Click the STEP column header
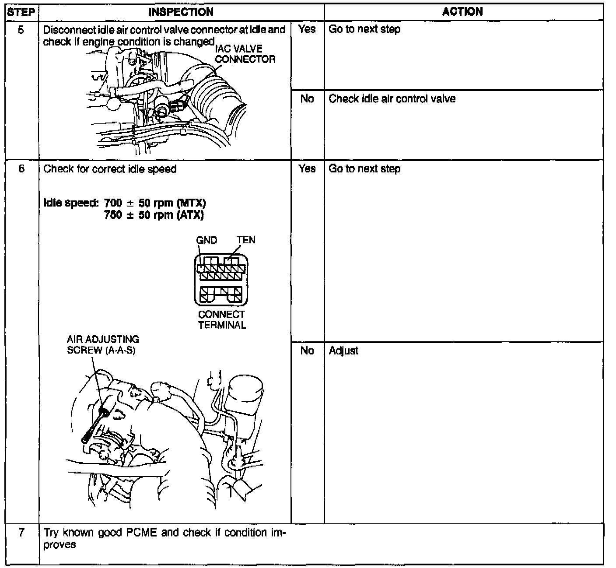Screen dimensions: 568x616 click(21, 12)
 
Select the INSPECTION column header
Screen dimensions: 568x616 click(181, 12)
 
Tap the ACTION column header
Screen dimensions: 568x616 click(462, 12)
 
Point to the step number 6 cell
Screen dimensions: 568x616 click(21, 169)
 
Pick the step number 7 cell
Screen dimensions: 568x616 click(21, 533)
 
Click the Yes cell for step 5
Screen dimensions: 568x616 click(307, 30)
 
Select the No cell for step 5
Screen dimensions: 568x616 click(307, 99)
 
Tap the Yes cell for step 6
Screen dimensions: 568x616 click(307, 169)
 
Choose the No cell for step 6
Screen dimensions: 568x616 click(307, 351)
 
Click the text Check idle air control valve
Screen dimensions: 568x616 click(392, 99)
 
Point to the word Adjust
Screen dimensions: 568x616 click(343, 351)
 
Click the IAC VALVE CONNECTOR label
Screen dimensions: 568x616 click(245, 54)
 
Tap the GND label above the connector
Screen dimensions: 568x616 click(206, 240)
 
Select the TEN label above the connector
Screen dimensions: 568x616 click(246, 240)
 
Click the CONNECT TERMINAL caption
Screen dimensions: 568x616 click(221, 320)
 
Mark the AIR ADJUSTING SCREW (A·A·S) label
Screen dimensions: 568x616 click(103, 345)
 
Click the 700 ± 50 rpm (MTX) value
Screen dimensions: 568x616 click(155, 203)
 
